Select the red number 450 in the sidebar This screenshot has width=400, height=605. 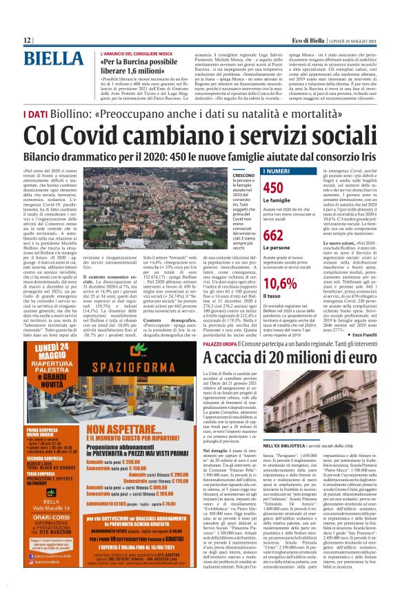tap(274, 188)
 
